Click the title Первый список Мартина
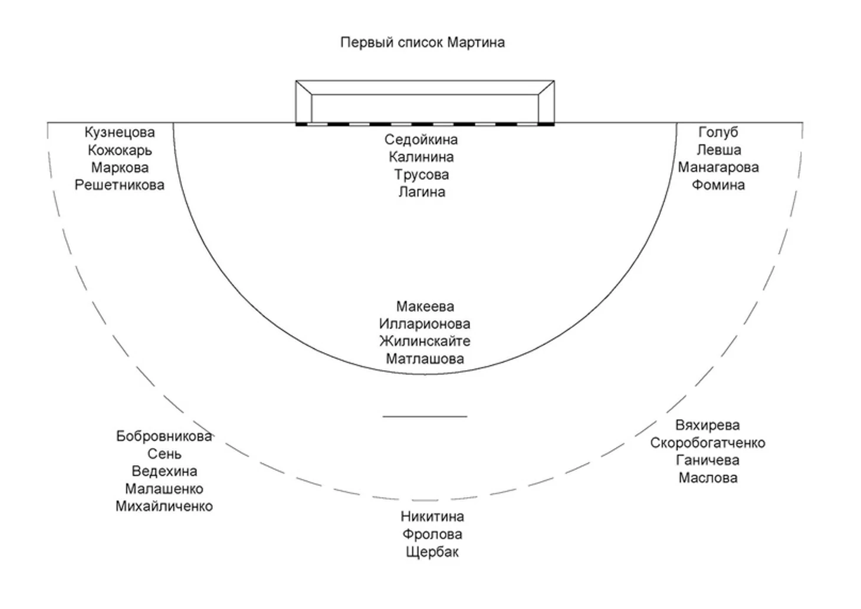coord(422,42)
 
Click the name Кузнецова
coord(119,133)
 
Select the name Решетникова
coord(119,185)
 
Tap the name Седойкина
coord(421,140)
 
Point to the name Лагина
coord(421,192)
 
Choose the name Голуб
coord(718,133)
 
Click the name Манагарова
coord(718,167)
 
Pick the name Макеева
coord(425,307)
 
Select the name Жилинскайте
coord(425,341)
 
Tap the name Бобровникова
coord(164,437)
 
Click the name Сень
coord(164,455)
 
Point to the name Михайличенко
coord(164,506)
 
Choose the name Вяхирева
coord(707,426)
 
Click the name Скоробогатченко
coord(707,443)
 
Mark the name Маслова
coord(707,478)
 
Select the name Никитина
coord(432,517)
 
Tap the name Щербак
coord(432,552)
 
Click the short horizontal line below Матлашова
coord(425,417)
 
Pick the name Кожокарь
coord(119,150)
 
